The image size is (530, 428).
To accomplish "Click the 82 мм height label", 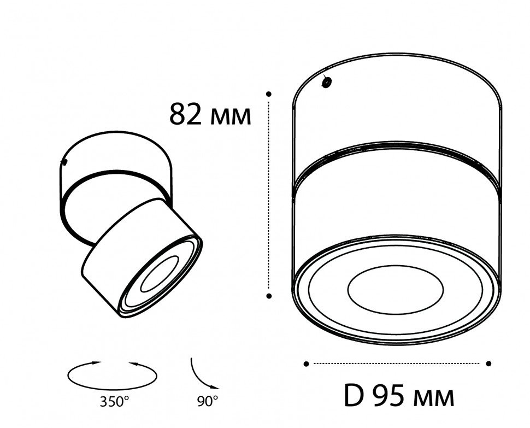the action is (210, 114).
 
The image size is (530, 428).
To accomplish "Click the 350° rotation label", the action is (114, 402).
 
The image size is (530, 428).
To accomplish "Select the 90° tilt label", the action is (208, 401).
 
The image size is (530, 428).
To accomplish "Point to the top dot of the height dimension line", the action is (269, 93).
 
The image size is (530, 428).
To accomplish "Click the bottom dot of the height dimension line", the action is (269, 296).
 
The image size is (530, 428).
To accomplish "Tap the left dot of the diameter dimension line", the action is (306, 363).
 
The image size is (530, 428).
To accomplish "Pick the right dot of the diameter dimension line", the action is (488, 363).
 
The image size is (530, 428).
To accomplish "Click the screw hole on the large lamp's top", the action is (327, 82).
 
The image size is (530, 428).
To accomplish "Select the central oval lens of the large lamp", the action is (395, 289).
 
